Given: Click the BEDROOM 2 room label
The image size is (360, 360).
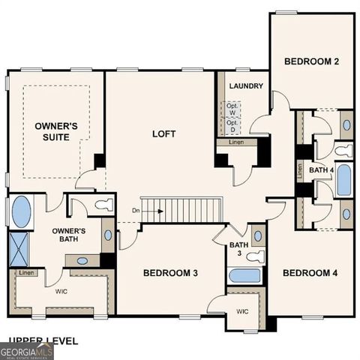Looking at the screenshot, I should [x=312, y=61].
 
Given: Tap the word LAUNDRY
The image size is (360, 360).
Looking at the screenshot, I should [x=246, y=86].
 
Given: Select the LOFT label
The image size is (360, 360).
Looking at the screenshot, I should [x=164, y=134].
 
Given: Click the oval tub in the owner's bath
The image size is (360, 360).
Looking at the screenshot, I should [x=22, y=211].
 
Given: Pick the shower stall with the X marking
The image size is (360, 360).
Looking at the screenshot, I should [x=18, y=247].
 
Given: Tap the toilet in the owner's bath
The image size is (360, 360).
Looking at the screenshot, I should [x=103, y=204].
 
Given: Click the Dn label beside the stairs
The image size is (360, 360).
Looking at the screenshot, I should [x=135, y=211].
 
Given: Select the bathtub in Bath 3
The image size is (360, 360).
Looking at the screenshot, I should [x=244, y=275].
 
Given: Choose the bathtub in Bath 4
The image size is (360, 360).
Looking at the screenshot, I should [x=344, y=180].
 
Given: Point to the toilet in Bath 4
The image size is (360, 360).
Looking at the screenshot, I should [x=343, y=151].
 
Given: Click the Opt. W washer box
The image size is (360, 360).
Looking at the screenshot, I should [x=233, y=109].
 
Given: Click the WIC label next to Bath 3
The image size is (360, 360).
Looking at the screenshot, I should [x=241, y=310].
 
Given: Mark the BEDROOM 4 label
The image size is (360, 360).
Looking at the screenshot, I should [x=310, y=273].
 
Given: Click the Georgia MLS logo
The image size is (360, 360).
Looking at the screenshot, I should [x=26, y=350].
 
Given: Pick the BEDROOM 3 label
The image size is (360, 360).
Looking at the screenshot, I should [x=170, y=273].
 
